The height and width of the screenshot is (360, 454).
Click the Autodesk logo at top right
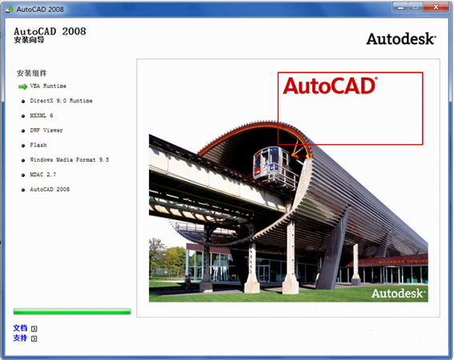(x=401, y=38)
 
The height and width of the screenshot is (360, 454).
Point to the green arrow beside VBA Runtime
(x=22, y=86)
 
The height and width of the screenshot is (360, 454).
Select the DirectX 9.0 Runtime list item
(x=61, y=101)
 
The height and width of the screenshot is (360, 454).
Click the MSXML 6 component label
(x=42, y=115)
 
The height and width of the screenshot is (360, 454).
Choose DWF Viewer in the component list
(x=46, y=130)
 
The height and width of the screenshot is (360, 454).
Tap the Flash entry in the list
(x=38, y=145)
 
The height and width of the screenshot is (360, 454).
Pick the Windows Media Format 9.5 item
(x=69, y=160)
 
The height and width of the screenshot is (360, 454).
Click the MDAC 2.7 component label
(x=43, y=174)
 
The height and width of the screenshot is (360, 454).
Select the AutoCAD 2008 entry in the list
(x=50, y=190)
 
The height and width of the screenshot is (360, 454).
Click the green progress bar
(x=71, y=310)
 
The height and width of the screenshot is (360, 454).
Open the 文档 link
(x=20, y=328)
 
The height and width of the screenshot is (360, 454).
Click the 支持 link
(x=20, y=338)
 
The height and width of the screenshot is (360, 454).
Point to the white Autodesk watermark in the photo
(x=399, y=293)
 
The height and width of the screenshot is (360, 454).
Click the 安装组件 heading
(x=32, y=72)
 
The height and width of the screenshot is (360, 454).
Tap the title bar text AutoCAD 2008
(x=39, y=7)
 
